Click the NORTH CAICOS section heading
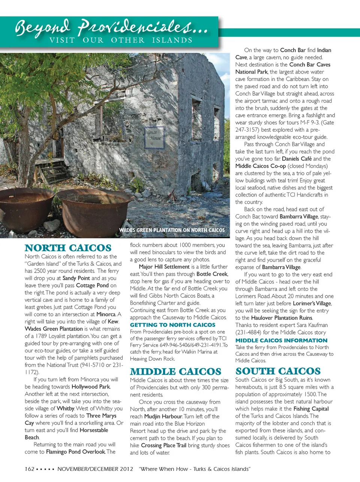(x=68, y=248)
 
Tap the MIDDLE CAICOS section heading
(x=175, y=372)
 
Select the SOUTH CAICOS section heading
(x=278, y=371)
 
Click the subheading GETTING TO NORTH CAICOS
(x=172, y=325)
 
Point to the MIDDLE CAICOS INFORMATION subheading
(x=281, y=340)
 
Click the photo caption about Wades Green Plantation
(x=172, y=230)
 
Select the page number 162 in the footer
(x=30, y=469)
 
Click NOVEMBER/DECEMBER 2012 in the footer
(x=95, y=469)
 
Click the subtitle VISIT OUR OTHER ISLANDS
(x=121, y=40)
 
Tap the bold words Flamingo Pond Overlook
(x=75, y=452)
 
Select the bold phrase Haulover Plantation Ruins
(x=282, y=318)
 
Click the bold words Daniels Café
(x=297, y=159)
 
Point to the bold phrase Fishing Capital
(x=311, y=409)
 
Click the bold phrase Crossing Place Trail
(x=163, y=445)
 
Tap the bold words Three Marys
(x=101, y=416)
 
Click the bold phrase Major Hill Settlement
(x=164, y=267)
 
